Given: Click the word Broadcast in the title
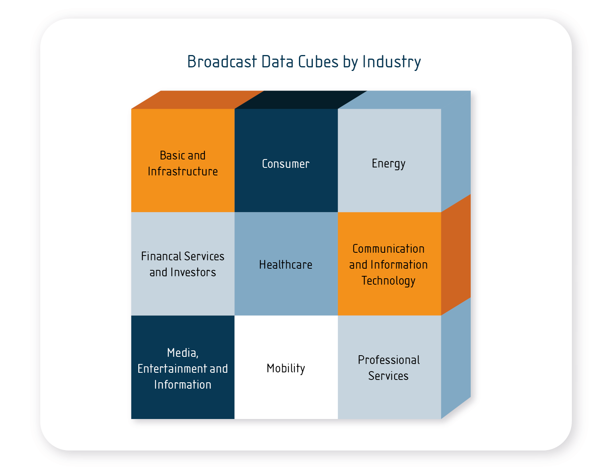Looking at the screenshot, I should pyautogui.click(x=222, y=62).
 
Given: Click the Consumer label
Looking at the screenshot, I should pyautogui.click(x=286, y=164).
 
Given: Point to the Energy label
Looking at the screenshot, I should pyautogui.click(x=389, y=164).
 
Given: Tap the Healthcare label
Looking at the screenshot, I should pyautogui.click(x=286, y=265).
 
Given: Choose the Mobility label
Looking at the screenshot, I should pyautogui.click(x=286, y=368).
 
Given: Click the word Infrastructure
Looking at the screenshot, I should pyautogui.click(x=183, y=171).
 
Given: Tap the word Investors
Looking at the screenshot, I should pyautogui.click(x=193, y=272).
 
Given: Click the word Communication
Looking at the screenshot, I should pyautogui.click(x=389, y=249).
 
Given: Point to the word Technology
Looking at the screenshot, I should pyautogui.click(x=389, y=281).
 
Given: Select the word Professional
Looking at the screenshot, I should pyautogui.click(x=389, y=360).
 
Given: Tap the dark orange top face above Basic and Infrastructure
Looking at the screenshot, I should pyautogui.click(x=197, y=100).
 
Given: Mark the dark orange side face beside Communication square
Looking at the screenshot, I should pyautogui.click(x=456, y=255).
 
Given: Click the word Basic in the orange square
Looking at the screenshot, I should pyautogui.click(x=171, y=155).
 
